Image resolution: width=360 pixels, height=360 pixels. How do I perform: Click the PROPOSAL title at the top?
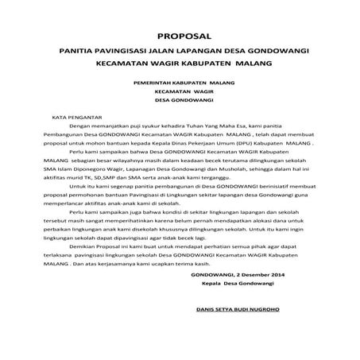(180, 35)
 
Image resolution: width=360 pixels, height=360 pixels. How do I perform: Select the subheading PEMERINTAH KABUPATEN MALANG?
(180, 82)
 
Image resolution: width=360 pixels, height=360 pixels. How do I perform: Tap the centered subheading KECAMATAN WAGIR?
(180, 91)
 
